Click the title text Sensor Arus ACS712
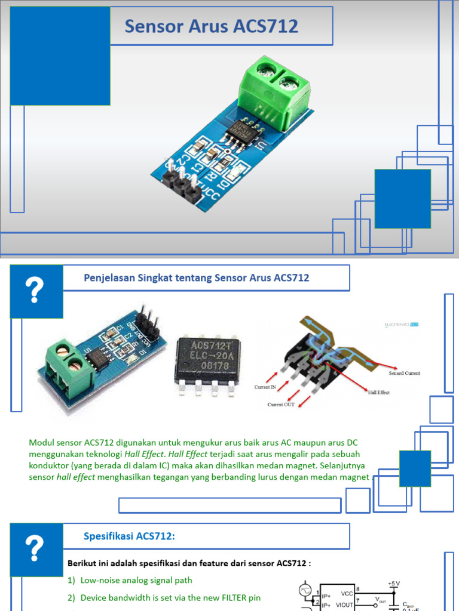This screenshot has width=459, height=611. [x=211, y=26]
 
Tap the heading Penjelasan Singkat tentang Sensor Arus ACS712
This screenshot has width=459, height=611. [x=195, y=278]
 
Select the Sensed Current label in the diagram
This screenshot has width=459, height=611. [x=405, y=373]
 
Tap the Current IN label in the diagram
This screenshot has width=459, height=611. [x=265, y=387]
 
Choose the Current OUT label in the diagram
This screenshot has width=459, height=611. [x=281, y=405]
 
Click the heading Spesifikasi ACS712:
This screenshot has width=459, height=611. [x=128, y=536]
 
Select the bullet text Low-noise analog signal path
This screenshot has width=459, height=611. [x=136, y=580]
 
